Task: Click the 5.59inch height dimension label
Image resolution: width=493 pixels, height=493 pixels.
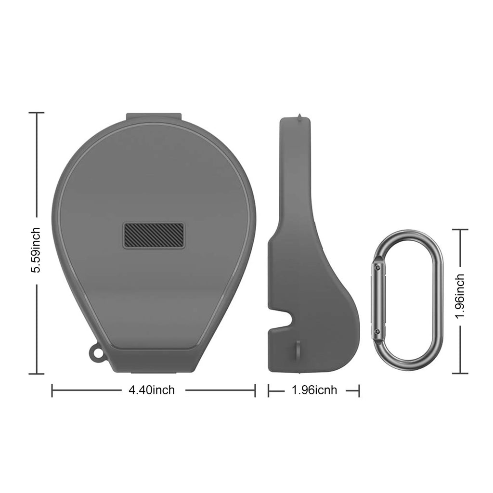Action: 37,250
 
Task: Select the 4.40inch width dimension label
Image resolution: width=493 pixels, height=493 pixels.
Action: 152,390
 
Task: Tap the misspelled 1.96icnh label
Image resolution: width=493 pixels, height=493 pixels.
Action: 314,390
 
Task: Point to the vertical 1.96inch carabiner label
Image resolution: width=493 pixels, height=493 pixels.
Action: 460,296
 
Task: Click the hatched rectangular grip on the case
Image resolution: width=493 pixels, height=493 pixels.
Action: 154,235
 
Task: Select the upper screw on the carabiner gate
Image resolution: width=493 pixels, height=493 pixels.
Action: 377,268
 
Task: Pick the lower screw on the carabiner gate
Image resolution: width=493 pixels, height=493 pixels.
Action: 377,331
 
